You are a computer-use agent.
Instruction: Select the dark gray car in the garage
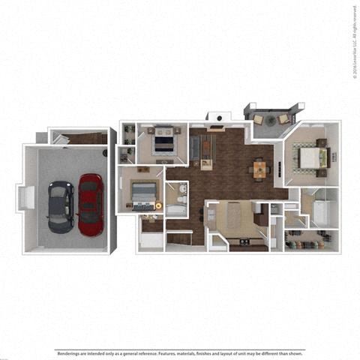[61, 205]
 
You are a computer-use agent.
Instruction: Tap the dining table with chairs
[259, 169]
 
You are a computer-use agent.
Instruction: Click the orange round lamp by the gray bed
[158, 205]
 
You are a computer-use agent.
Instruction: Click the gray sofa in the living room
[193, 148]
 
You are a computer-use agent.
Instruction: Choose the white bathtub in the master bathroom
[321, 212]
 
